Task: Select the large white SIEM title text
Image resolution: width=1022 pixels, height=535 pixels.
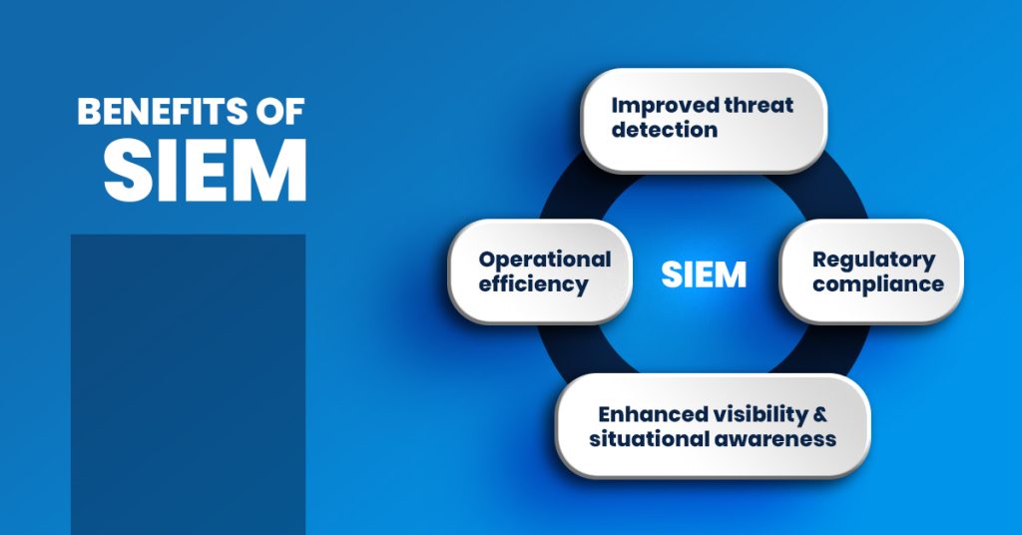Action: coord(205,170)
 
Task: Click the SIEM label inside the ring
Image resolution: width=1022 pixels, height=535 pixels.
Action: coord(704,273)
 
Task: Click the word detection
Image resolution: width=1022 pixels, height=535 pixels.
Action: coord(664,130)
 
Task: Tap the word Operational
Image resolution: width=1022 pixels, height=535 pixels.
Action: coord(544,259)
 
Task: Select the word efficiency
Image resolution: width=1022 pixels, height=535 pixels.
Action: coord(533,283)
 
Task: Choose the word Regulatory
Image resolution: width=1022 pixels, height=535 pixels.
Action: coord(873,259)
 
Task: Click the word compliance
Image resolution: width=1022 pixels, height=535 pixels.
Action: coord(877,283)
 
